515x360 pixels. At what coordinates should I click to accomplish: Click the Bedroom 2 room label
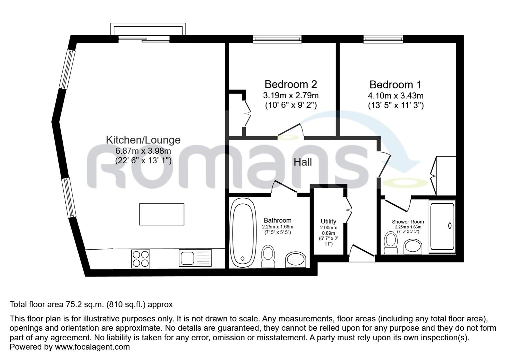pos(291,84)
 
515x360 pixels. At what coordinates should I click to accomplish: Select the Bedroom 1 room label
pos(395,84)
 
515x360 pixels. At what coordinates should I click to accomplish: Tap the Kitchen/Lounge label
pos(143,140)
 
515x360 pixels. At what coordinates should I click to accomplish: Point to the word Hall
pos(303,162)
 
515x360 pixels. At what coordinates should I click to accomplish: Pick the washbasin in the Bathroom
pos(296,259)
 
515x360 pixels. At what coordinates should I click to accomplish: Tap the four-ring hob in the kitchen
pos(140,259)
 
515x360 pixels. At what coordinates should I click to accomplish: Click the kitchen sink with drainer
pos(195,258)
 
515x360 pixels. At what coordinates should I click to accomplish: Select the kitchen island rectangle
pos(161,214)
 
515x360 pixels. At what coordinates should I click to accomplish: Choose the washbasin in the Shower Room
pos(413,247)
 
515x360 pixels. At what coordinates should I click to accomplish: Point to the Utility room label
pos(328,221)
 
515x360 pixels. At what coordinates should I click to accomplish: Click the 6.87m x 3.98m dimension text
pos(143,151)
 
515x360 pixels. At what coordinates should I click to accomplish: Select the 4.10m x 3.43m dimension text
pos(395,96)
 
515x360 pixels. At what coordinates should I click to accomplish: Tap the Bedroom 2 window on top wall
pos(277,39)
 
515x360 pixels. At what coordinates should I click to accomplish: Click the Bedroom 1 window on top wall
pos(383,39)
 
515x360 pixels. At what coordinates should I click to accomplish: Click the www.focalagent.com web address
pos(92,347)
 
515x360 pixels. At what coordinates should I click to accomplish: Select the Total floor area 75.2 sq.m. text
pos(91,304)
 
